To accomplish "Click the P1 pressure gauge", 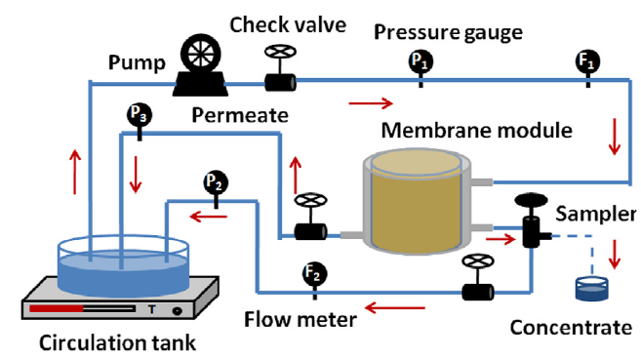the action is click(x=421, y=62).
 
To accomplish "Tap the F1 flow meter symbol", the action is click(x=588, y=62).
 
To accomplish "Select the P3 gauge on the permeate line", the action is click(x=140, y=114).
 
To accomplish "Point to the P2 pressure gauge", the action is click(x=216, y=182).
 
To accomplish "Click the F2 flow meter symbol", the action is click(x=315, y=274).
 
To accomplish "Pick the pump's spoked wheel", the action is click(x=200, y=53).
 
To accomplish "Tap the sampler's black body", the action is click(x=532, y=232).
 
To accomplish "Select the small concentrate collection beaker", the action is click(x=591, y=289).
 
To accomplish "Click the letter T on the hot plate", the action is click(x=151, y=309).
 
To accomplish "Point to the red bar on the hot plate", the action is click(x=57, y=308).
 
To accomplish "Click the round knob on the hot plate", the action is click(x=177, y=311).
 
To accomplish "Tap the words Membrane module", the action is click(x=477, y=131).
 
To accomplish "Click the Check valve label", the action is click(x=288, y=25).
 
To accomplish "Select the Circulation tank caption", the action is click(x=117, y=342).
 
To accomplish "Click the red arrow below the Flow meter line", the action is click(x=395, y=307).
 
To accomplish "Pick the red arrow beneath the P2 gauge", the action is click(x=209, y=217).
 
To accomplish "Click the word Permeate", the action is click(x=240, y=116).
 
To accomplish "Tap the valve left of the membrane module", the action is click(x=310, y=217).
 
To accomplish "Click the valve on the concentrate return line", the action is click(x=477, y=277).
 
